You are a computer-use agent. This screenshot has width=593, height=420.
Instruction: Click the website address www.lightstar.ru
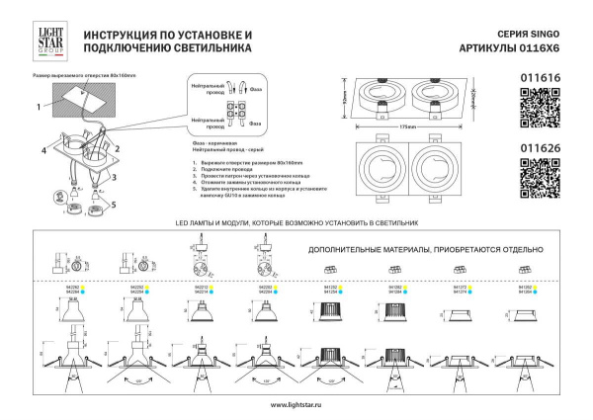pos(296,406)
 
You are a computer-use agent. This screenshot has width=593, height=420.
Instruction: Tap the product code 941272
pos(459,288)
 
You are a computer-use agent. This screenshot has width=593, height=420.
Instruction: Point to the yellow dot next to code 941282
pos(407,288)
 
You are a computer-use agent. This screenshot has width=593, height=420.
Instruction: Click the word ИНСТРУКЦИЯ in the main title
pos(122,34)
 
